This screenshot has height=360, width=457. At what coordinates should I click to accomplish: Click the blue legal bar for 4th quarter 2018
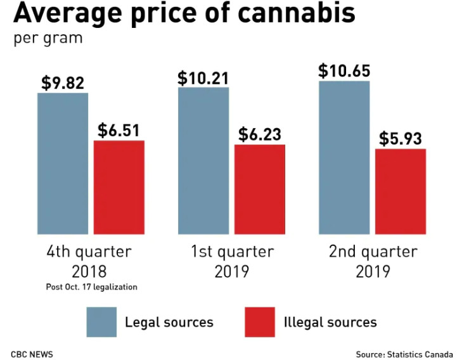(63, 164)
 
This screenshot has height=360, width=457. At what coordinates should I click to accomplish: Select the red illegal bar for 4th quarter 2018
(119, 187)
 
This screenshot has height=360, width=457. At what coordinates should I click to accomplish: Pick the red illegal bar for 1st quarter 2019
(260, 189)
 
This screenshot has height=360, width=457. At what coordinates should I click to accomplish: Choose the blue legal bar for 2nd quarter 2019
(344, 158)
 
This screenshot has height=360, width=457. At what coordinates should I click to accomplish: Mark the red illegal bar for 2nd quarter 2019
(401, 191)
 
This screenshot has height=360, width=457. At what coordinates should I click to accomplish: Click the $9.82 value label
(63, 83)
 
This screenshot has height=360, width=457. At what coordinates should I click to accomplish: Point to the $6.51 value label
(119, 131)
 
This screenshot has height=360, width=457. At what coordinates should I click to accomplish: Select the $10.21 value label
(203, 78)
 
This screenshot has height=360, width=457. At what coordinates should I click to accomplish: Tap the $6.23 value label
(260, 134)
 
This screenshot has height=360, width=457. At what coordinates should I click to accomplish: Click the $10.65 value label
(344, 70)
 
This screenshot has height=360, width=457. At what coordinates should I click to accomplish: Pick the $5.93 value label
(401, 139)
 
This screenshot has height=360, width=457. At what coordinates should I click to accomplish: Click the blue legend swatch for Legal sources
(101, 322)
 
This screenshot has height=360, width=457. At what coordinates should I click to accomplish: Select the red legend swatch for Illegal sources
(260, 322)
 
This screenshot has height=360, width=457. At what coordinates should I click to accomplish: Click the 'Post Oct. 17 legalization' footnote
(91, 286)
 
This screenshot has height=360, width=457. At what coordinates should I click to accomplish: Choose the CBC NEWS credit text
(32, 353)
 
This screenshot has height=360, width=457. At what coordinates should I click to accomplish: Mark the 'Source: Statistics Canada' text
(404, 353)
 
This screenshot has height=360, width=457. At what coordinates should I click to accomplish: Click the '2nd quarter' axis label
(373, 252)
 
